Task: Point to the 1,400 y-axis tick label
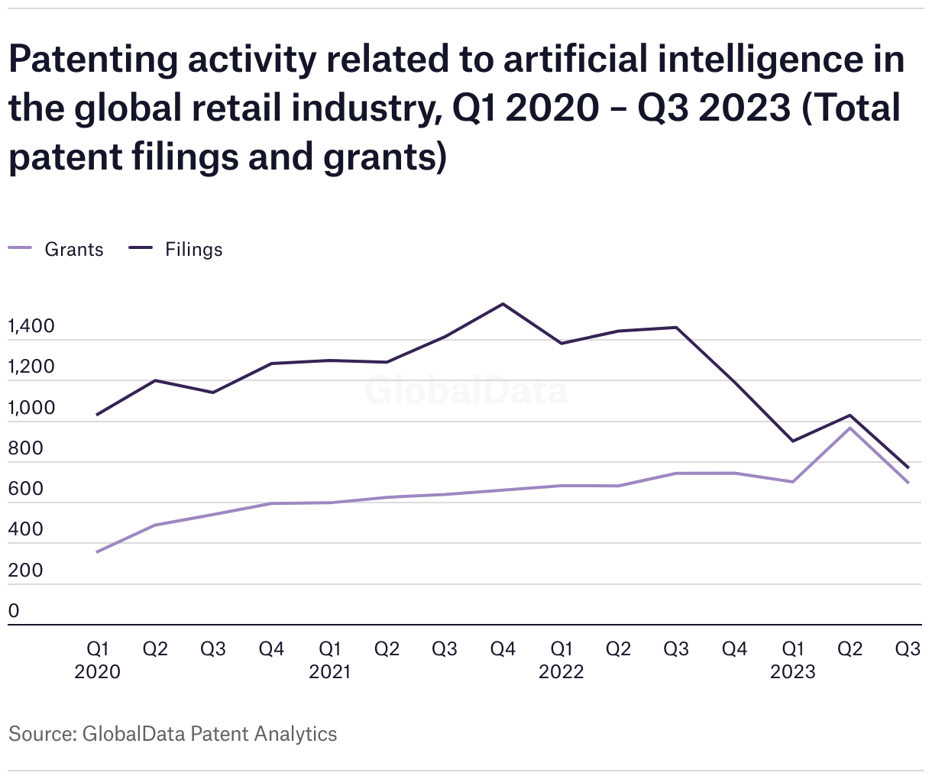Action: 31,326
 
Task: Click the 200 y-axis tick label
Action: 26,571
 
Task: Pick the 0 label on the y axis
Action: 14,611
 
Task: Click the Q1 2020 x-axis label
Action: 98,660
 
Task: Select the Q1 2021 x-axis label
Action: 329,660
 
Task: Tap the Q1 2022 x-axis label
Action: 561,660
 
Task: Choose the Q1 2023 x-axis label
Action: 792,660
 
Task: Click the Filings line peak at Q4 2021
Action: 503,304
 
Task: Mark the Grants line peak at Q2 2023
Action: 849,428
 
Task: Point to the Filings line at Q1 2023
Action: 792,441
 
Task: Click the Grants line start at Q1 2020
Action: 98,551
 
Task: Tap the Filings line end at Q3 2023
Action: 908,467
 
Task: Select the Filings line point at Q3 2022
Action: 676,328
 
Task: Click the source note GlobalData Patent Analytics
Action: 209,734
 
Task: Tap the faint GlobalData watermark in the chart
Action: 466,390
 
